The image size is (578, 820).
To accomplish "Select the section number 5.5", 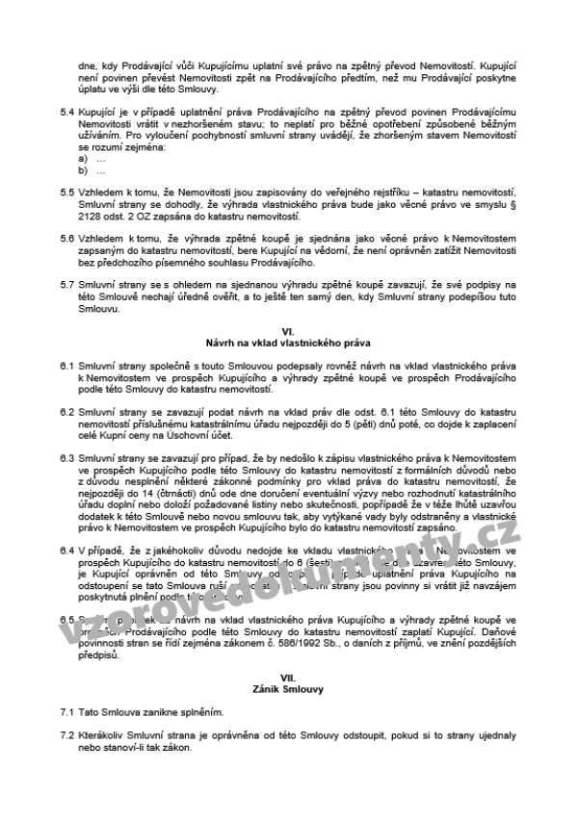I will coord(67,192).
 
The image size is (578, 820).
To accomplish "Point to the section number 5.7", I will coord(67,284).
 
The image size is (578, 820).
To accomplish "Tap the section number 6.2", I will coord(67,411).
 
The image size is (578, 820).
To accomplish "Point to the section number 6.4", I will coord(67,550).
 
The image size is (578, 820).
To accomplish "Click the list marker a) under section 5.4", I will coord(83,159).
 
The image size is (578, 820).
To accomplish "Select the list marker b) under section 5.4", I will coord(83,170).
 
